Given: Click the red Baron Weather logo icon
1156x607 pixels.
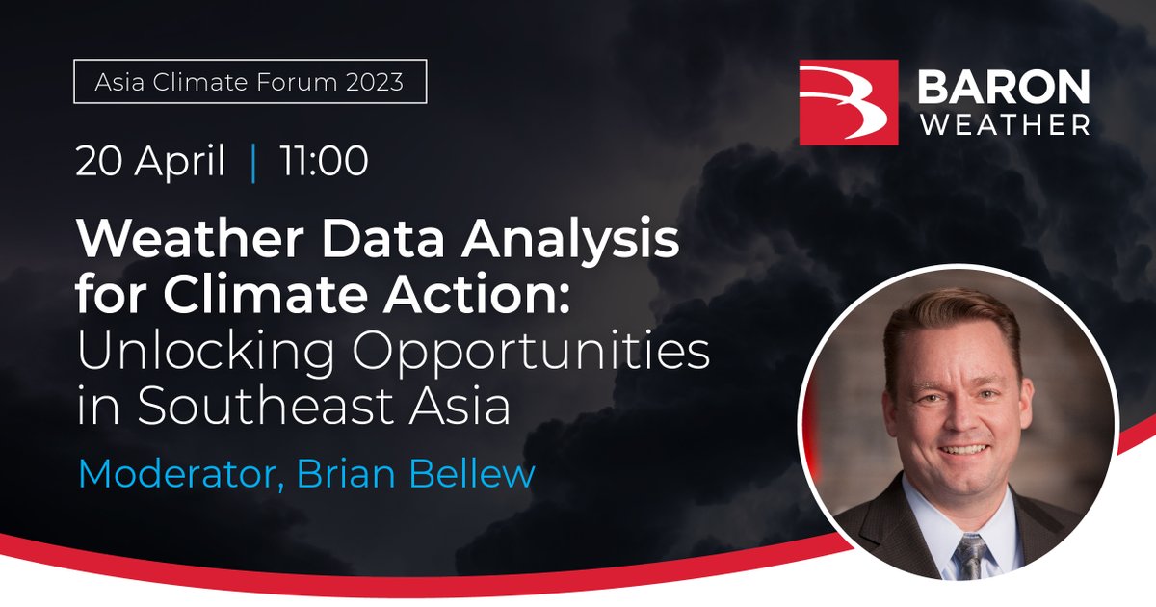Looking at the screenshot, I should [x=849, y=102].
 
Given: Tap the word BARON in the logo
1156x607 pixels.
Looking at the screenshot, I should [x=1003, y=88].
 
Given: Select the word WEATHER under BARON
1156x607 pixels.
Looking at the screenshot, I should [x=1003, y=125].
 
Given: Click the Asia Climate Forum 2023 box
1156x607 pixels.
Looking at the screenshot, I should [x=250, y=83].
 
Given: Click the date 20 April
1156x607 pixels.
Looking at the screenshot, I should [x=150, y=162].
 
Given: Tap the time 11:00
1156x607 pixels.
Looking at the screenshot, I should [x=323, y=162].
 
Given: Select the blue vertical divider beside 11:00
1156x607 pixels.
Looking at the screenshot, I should [x=253, y=163].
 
